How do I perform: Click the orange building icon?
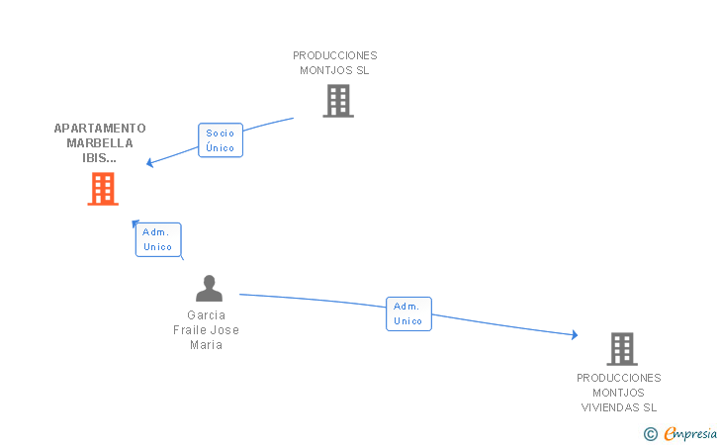[103, 189]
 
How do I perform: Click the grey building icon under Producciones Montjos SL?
[337, 101]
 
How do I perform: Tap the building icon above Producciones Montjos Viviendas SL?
[621, 348]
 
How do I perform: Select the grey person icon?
[209, 289]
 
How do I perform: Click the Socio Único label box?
[221, 140]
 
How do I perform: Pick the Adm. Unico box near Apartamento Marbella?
[158, 239]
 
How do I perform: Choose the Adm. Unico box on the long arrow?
[408, 313]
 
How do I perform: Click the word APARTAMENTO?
[100, 129]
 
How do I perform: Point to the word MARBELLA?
[100, 143]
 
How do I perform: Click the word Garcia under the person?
[206, 315]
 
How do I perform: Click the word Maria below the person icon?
[206, 345]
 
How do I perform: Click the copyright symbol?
[650, 433]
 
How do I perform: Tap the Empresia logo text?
[690, 433]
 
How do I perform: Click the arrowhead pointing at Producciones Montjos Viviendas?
[574, 335]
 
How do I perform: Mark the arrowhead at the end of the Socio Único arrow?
[151, 163]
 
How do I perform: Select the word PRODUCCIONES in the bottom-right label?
[619, 378]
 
